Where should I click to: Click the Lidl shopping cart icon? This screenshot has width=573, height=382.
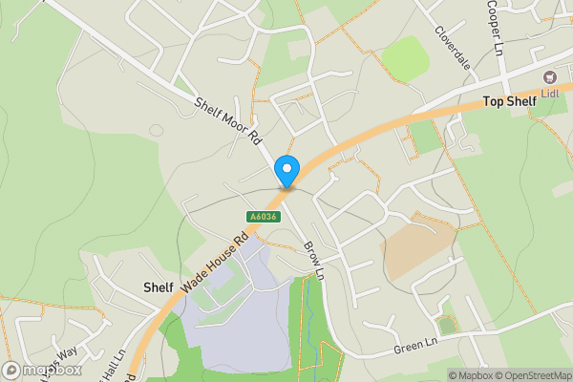pyautogui.click(x=550, y=76)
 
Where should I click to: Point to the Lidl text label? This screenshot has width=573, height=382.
pyautogui.click(x=550, y=93)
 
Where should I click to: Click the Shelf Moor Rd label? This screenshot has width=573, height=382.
pyautogui.click(x=228, y=120)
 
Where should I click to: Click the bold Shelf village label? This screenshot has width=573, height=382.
pyautogui.click(x=158, y=286)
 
